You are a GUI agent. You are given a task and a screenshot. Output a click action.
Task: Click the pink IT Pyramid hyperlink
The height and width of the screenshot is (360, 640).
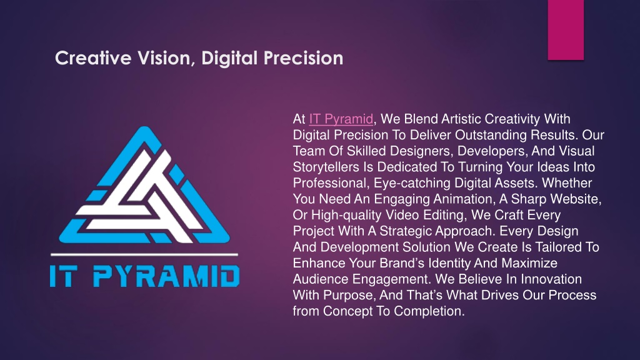pyautogui.click(x=341, y=119)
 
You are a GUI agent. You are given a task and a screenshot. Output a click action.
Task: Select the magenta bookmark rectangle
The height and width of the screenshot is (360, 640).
pyautogui.click(x=566, y=30)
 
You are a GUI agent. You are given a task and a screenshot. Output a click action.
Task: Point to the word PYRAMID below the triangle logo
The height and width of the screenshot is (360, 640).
pyautogui.click(x=166, y=276)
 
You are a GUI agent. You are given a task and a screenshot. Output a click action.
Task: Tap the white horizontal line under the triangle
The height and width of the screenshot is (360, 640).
pyautogui.click(x=144, y=254)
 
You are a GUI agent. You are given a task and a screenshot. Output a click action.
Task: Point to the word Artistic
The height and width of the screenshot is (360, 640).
pyautogui.click(x=461, y=119)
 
